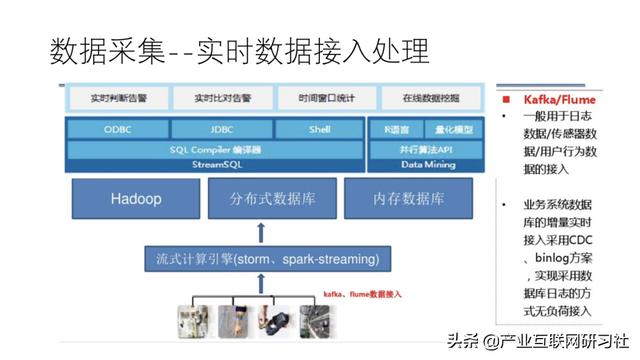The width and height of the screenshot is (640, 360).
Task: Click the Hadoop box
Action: point(136,199)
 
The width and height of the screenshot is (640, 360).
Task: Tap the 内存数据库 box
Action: point(408,199)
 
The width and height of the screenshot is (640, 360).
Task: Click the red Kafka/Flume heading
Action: point(559,100)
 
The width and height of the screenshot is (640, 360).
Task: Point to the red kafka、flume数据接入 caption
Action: point(361,295)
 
